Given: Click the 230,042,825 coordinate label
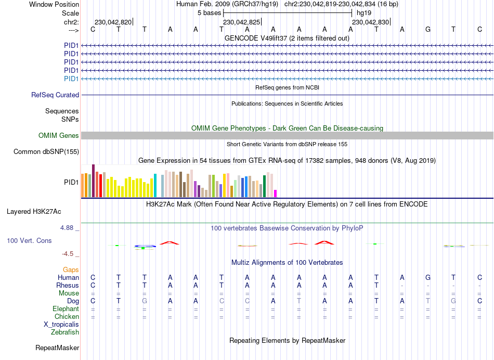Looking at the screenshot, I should tap(241, 22).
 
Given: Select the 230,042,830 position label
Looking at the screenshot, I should tap(370, 22).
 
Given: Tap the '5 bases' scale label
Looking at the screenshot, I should tap(209, 12).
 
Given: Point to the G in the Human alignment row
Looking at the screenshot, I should tap(428, 277).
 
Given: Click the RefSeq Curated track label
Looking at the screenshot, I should tap(55, 95).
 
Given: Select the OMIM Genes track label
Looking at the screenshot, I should tap(59, 136).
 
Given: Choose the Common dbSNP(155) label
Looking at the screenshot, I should tap(46, 152).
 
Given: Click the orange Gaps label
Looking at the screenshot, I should tap(71, 269).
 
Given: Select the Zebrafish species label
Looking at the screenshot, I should tap(66, 332).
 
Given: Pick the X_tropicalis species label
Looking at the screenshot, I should tap(61, 324).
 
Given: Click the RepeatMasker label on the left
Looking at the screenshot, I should tap(57, 348).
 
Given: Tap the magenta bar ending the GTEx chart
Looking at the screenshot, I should tap(276, 194).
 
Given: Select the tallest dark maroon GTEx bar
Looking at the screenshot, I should tap(93, 181).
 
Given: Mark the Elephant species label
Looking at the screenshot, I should tap(66, 308).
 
